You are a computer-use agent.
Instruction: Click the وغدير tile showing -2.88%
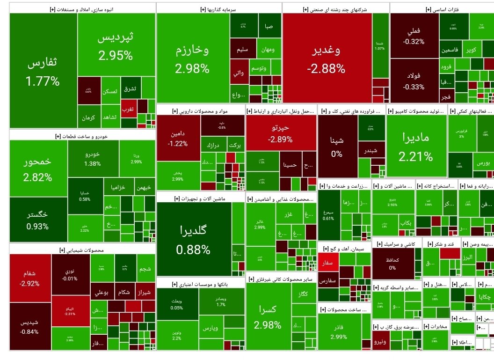327,59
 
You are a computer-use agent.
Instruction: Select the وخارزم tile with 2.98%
192,59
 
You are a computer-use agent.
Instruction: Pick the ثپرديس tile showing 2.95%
116,47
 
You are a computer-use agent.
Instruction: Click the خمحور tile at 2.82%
38,169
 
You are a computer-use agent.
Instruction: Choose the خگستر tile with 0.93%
38,220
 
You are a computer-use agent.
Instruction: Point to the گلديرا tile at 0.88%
193,239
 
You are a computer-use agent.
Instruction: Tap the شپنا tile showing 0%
337,145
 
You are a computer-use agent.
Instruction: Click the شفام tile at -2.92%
29,278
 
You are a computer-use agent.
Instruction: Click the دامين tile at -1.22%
178,138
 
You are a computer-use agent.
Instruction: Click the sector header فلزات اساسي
442,9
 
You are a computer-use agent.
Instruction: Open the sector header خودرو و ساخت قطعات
82,136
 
